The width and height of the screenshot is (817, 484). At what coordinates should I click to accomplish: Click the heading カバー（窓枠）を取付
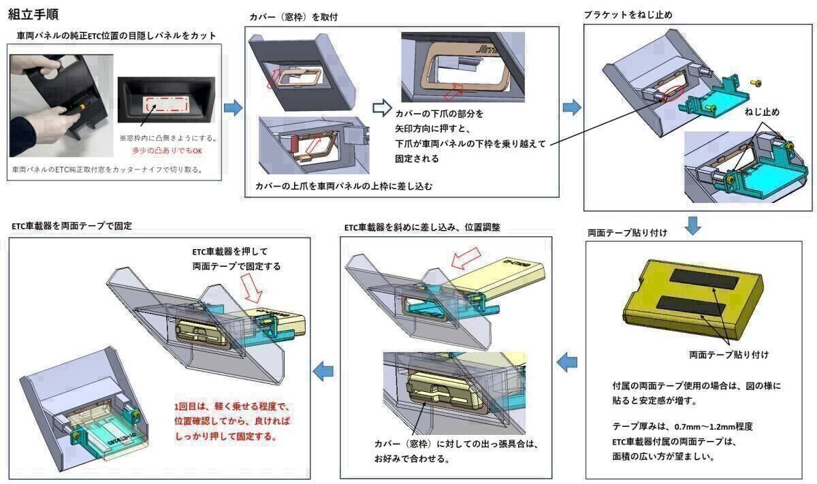(295, 16)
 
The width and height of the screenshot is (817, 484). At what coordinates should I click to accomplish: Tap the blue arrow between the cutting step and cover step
(233, 107)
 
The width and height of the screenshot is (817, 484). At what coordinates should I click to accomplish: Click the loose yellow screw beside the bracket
(756, 82)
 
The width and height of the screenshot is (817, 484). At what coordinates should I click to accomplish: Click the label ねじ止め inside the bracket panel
(762, 112)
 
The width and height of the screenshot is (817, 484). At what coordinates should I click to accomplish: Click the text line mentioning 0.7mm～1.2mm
(682, 426)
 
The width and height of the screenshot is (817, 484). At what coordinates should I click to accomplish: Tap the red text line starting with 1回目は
(232, 408)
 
